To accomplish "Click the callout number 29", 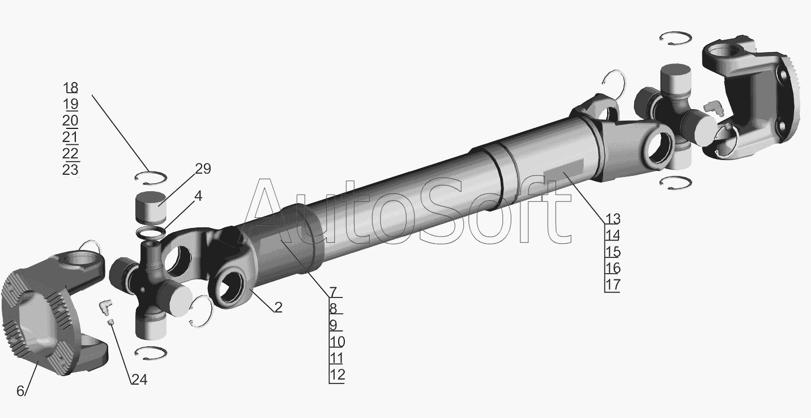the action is [x=203, y=169].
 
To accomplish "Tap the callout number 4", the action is [x=198, y=196].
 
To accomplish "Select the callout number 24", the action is [x=139, y=380].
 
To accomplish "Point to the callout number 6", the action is [x=20, y=391].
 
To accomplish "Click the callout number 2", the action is [x=278, y=307].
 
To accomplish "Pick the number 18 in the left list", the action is [x=71, y=88].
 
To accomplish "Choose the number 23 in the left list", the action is [x=70, y=169].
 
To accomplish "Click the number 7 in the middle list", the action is [x=333, y=292].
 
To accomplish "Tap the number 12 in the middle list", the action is [x=337, y=374].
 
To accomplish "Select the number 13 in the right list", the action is [x=613, y=219].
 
